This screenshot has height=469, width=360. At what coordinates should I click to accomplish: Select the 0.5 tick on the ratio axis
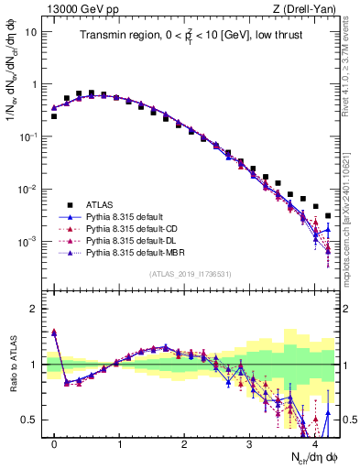click(x=33, y=420)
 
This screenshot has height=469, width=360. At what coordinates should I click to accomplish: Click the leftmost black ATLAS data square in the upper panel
click(x=54, y=116)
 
